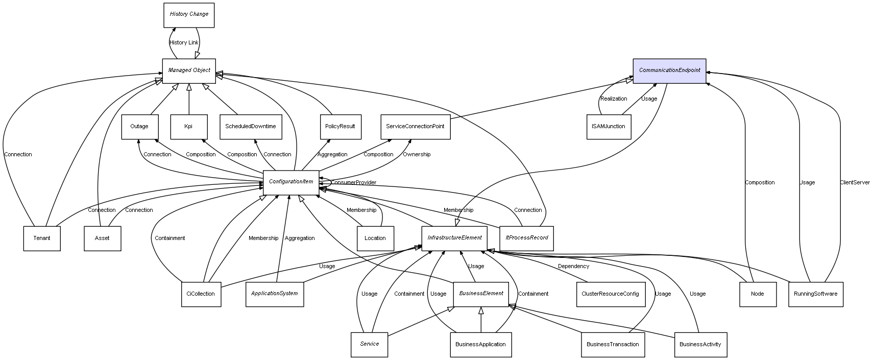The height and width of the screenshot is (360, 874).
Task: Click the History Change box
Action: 189,15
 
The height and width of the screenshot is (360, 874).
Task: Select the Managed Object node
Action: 189,70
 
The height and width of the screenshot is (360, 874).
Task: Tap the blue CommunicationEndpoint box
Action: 669,70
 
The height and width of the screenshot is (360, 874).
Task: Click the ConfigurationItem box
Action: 291,182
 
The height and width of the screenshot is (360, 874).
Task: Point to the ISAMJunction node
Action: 609,127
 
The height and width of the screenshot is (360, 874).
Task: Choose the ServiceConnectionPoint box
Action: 415,127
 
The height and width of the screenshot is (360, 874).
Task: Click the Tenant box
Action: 42,238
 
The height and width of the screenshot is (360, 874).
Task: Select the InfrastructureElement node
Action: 454,238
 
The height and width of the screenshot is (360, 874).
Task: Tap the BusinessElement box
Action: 481,294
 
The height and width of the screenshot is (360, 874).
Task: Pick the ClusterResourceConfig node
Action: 610,294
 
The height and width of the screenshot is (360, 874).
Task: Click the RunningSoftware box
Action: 815,294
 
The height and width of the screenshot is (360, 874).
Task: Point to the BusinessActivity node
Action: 700,345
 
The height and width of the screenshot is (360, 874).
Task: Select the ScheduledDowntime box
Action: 250,127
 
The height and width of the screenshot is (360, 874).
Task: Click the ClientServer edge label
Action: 855,183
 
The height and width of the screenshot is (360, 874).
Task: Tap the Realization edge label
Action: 614,99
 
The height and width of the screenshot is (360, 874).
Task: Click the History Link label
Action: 184,43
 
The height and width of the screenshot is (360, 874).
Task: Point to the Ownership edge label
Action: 417,155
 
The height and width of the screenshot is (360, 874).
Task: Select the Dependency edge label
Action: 573,267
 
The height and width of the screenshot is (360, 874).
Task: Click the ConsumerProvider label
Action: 354,183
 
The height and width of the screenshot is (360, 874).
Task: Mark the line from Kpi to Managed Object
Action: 189,100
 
